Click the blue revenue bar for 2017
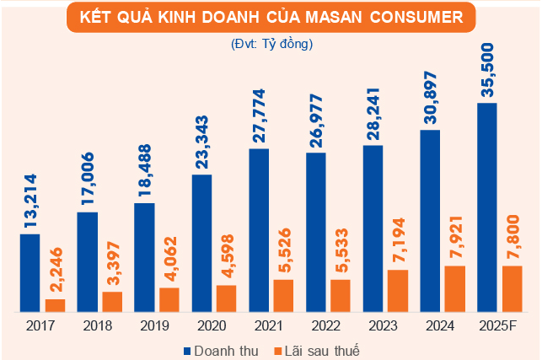pos(30,272)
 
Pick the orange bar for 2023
pos(398,291)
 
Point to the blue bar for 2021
pos(259,230)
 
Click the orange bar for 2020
pos(227,298)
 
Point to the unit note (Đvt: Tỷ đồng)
pos(271,43)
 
